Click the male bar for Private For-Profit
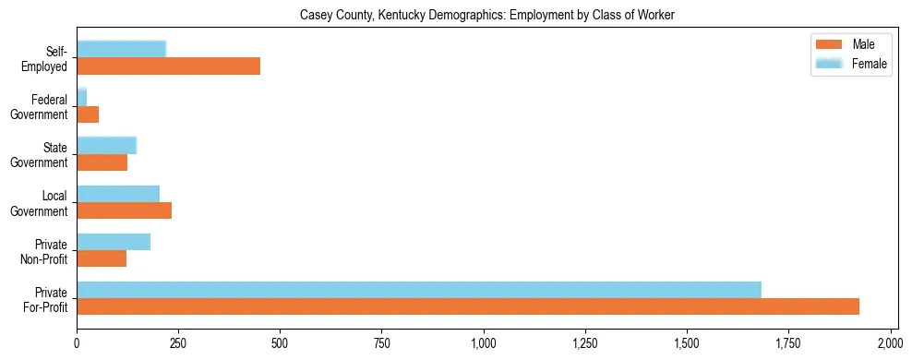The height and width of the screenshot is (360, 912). pyautogui.click(x=467, y=306)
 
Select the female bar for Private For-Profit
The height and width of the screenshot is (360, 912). pyautogui.click(x=418, y=290)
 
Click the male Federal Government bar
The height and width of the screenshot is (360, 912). pyautogui.click(x=88, y=114)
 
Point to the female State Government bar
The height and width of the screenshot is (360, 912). pyautogui.click(x=106, y=146)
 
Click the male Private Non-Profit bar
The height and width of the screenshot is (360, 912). pyautogui.click(x=102, y=258)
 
